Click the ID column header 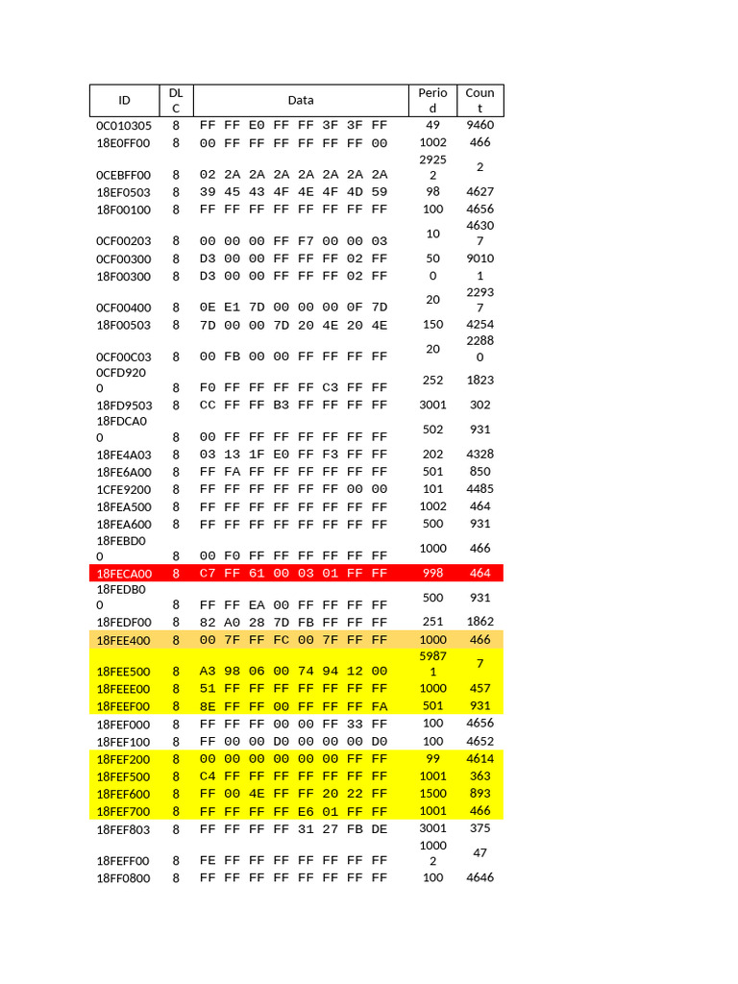click(124, 100)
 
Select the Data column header click(301, 100)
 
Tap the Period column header click(432, 100)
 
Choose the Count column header click(480, 100)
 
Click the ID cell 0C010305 click(124, 125)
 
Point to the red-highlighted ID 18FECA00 click(124, 574)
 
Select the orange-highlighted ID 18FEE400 click(124, 640)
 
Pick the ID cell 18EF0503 click(124, 192)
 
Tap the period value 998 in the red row click(432, 573)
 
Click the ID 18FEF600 click(124, 794)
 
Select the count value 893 click(480, 793)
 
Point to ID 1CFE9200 click(124, 489)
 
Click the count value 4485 click(480, 488)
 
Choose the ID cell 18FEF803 click(124, 828)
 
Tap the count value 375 click(480, 827)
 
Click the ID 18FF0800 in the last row click(124, 878)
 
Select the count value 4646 click(480, 877)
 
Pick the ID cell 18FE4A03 click(124, 455)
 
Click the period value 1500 click(432, 793)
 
